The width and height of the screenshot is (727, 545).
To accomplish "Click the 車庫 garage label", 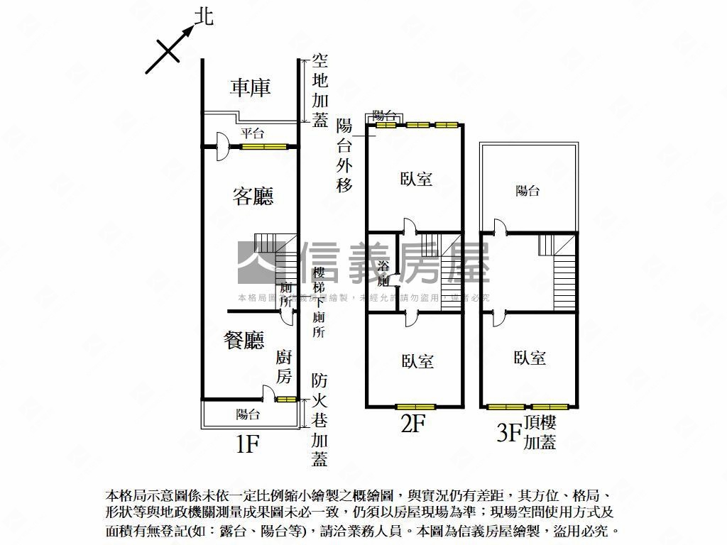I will pyautogui.click(x=251, y=87).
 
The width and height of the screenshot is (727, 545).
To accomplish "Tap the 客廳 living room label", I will pyautogui.click(x=253, y=196).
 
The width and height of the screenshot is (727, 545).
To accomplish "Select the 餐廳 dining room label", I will pyautogui.click(x=244, y=341).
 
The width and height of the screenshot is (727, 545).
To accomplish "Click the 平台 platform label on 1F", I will pyautogui.click(x=252, y=133).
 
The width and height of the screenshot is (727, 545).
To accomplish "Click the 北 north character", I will pyautogui.click(x=204, y=17).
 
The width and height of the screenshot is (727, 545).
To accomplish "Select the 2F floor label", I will pyautogui.click(x=413, y=424).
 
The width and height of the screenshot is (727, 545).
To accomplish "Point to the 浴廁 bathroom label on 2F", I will pyautogui.click(x=383, y=273).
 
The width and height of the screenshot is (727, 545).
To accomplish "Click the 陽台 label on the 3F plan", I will pyautogui.click(x=527, y=190).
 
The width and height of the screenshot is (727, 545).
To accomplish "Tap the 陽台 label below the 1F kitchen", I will pyautogui.click(x=248, y=414).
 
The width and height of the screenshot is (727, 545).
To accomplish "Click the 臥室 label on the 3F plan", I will pyautogui.click(x=530, y=358).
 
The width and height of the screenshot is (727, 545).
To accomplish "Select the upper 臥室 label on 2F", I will pyautogui.click(x=416, y=179).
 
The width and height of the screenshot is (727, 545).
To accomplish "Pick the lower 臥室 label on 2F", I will pyautogui.click(x=417, y=361).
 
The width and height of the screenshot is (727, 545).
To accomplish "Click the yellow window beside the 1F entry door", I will pyautogui.click(x=263, y=147).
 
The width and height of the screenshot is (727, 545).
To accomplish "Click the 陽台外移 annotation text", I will pyautogui.click(x=344, y=155).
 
